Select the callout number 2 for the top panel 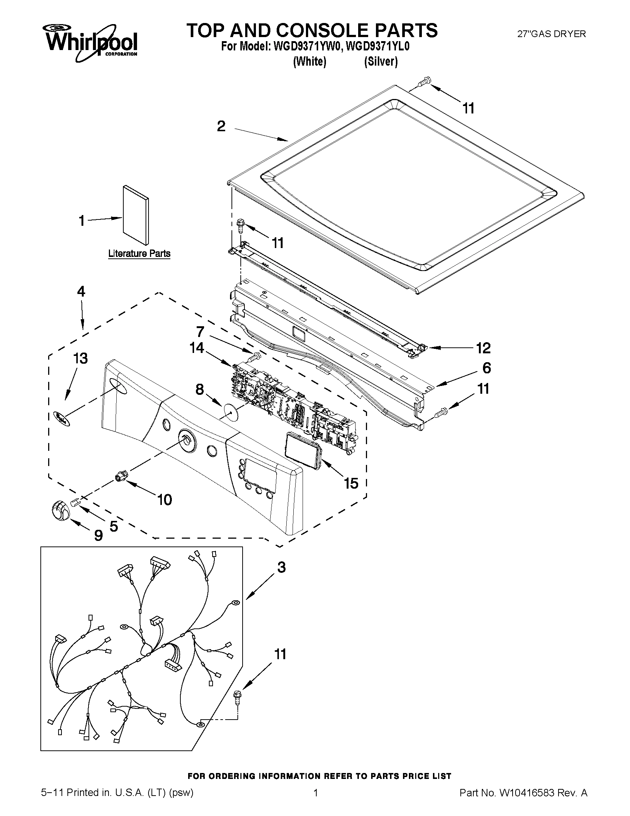pyautogui.click(x=221, y=126)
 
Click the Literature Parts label pyautogui.click(x=139, y=254)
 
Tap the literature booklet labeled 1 pyautogui.click(x=136, y=215)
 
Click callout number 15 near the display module pyautogui.click(x=351, y=483)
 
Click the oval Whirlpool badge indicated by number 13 pyautogui.click(x=62, y=417)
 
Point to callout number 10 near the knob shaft pyautogui.click(x=164, y=499)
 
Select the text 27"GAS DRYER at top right pyautogui.click(x=551, y=34)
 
